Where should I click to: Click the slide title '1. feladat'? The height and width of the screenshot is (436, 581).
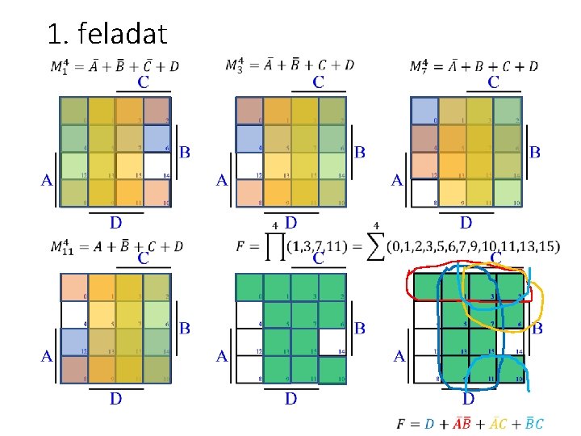tap(107, 33)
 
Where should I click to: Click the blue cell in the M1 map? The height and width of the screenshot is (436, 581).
tap(157, 137)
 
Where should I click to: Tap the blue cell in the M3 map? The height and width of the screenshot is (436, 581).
tap(249, 139)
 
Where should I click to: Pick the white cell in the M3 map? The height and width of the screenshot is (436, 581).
tap(249, 166)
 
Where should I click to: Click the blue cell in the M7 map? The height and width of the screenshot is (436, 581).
tap(424, 111)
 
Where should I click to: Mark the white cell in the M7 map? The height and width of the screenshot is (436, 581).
tap(424, 191)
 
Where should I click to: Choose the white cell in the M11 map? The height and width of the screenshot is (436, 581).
tap(74, 314)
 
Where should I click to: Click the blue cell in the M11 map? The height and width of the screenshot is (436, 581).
tap(74, 341)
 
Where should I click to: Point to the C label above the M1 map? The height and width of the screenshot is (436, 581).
tap(143, 82)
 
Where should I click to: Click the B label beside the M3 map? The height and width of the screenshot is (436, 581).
tap(360, 152)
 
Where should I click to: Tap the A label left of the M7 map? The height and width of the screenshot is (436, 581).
tap(396, 182)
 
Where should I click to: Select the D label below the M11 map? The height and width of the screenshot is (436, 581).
tap(116, 398)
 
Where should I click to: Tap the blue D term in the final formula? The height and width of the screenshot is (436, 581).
tap(429, 423)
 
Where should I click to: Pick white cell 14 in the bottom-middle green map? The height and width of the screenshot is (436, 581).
tap(332, 342)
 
